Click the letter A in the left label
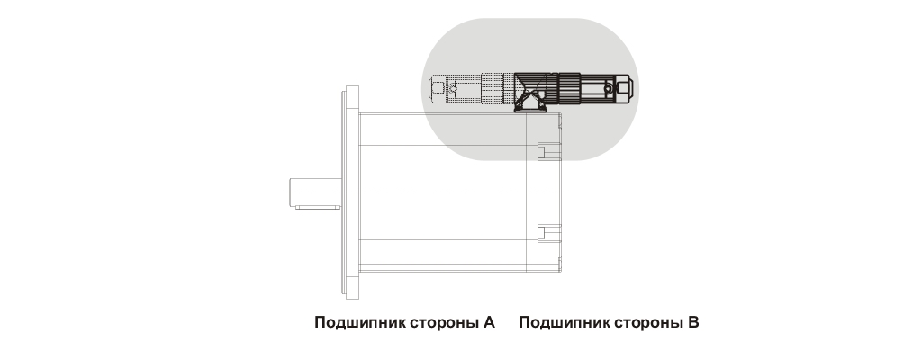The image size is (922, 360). tap(489, 322)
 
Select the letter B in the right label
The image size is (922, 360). tap(693, 322)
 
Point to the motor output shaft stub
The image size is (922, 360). tap(318, 192)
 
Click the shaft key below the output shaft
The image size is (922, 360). tap(318, 208)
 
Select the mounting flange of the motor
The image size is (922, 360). tap(352, 192)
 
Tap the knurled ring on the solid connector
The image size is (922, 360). tap(569, 87)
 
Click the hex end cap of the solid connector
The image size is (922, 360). tap(626, 88)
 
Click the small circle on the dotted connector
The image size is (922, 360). tap(454, 89)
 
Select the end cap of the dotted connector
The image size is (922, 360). tap(438, 88)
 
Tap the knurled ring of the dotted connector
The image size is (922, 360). tap(493, 88)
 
